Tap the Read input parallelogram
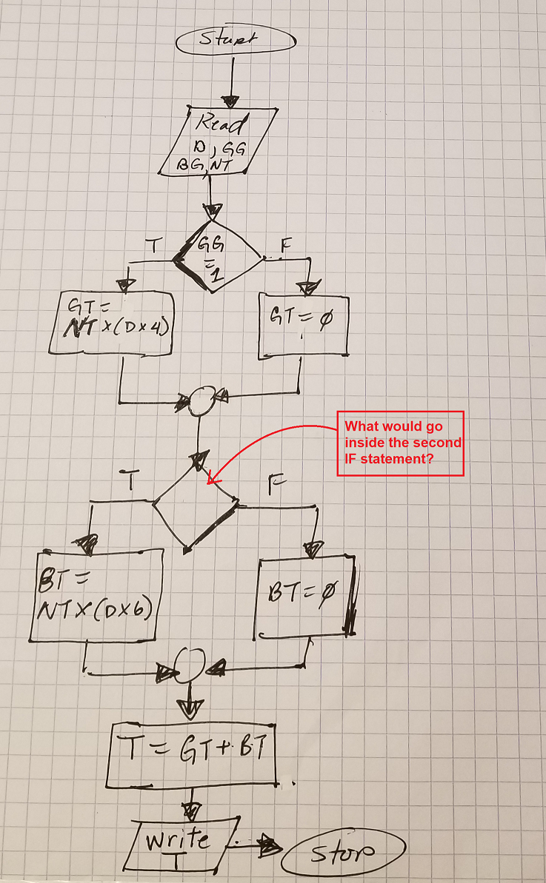(218, 143)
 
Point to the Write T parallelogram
(181, 844)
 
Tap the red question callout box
(401, 443)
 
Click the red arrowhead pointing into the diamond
(213, 480)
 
